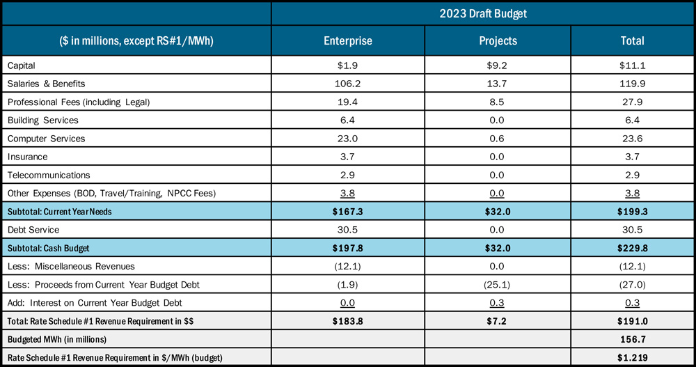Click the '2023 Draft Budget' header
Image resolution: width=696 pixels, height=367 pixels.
pyautogui.click(x=482, y=13)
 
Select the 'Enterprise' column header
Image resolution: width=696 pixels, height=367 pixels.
pyautogui.click(x=348, y=41)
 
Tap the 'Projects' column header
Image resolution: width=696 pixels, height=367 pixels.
pyautogui.click(x=498, y=41)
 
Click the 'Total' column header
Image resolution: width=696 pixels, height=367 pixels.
pyautogui.click(x=632, y=41)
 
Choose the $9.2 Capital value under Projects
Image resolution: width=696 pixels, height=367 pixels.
pyautogui.click(x=498, y=65)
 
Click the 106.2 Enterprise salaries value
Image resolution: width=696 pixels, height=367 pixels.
pyautogui.click(x=348, y=84)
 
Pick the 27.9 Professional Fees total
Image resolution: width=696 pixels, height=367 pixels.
pyautogui.click(x=632, y=102)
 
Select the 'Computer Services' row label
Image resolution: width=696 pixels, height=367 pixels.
pyautogui.click(x=46, y=139)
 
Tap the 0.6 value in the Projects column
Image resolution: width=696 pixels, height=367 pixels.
pyautogui.click(x=498, y=139)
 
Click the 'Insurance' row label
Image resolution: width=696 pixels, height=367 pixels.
pyautogui.click(x=27, y=157)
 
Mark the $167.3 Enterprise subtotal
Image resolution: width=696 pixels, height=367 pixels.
pyautogui.click(x=348, y=212)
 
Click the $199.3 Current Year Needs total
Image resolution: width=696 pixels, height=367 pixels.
pyautogui.click(x=632, y=212)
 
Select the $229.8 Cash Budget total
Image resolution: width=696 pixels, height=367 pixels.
pyautogui.click(x=632, y=247)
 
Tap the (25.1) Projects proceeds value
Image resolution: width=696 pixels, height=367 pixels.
pyautogui.click(x=498, y=284)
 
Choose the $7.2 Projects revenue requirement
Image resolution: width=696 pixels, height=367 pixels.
pyautogui.click(x=498, y=321)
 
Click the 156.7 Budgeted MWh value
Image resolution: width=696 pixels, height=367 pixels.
pyautogui.click(x=632, y=339)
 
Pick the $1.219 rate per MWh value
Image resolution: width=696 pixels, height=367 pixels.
pyautogui.click(x=632, y=357)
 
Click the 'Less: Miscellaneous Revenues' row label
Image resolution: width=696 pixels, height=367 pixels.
pyautogui.click(x=70, y=266)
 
